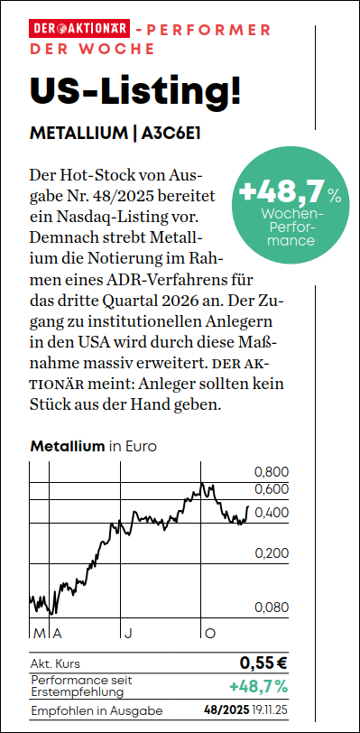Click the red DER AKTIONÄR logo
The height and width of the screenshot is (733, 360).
pyautogui.click(x=79, y=30)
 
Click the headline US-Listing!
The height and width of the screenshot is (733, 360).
pyautogui.click(x=135, y=88)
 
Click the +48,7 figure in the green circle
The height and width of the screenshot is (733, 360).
pyautogui.click(x=282, y=190)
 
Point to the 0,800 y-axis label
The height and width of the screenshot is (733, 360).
pyautogui.click(x=272, y=472)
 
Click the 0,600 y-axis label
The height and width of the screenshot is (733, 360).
pyautogui.click(x=272, y=489)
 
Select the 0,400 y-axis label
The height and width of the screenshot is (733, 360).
pyautogui.click(x=272, y=513)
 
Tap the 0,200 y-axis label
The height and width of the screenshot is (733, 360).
pyautogui.click(x=272, y=553)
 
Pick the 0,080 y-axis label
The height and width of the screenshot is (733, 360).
pyautogui.click(x=272, y=608)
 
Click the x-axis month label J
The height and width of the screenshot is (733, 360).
pyautogui.click(x=127, y=634)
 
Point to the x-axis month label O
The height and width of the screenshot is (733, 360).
pyautogui.click(x=210, y=634)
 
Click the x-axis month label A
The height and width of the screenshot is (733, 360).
pyautogui.click(x=57, y=634)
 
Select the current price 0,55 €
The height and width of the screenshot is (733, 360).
pyautogui.click(x=263, y=663)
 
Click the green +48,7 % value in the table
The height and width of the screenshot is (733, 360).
pyautogui.click(x=259, y=686)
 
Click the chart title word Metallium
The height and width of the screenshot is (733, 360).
pyautogui.click(x=68, y=447)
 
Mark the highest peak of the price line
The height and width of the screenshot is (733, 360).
pyautogui.click(x=202, y=484)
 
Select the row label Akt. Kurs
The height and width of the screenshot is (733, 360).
pyautogui.click(x=55, y=663)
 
